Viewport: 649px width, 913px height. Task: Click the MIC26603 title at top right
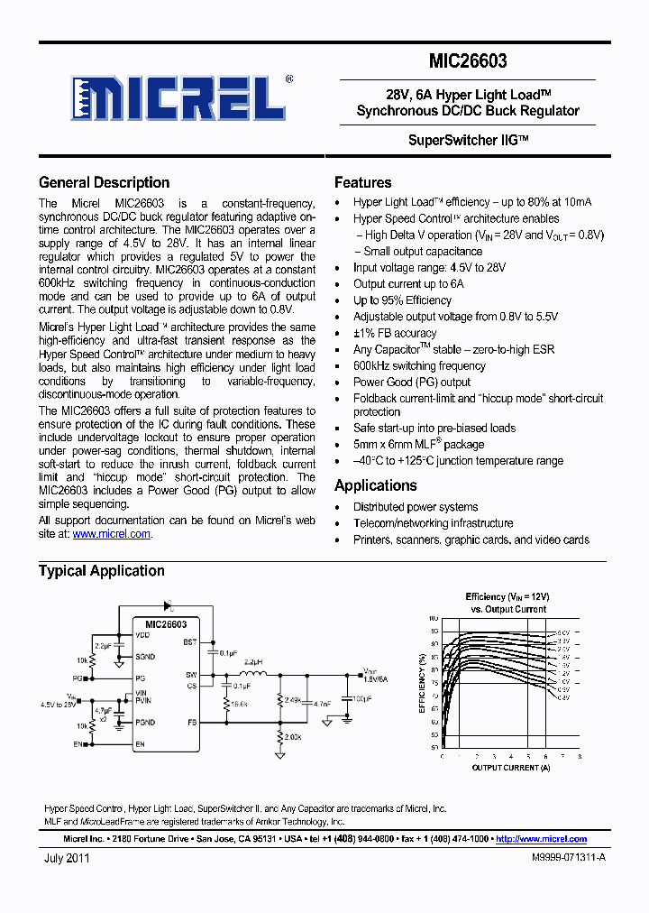[468, 61]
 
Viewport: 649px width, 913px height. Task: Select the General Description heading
[104, 182]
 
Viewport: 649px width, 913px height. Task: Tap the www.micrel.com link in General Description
[111, 534]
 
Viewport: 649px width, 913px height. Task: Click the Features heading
[362, 182]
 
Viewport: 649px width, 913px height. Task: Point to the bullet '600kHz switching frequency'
[419, 365]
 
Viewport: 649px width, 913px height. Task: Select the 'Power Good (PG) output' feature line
[411, 382]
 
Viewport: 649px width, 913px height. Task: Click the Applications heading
[375, 485]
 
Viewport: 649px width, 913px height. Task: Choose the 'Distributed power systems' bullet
[416, 507]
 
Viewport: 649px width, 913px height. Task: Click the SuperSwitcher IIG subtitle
[468, 141]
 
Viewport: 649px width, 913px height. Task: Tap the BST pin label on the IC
[189, 642]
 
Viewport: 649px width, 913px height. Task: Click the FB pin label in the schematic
[190, 723]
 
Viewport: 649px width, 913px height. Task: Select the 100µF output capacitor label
[362, 699]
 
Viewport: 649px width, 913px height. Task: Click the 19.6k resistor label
[239, 703]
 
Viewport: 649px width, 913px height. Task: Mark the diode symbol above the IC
[168, 606]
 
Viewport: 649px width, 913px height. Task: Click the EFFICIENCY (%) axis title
[421, 683]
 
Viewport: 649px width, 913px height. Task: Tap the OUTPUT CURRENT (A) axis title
[511, 768]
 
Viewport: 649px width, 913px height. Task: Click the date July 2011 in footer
[67, 859]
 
